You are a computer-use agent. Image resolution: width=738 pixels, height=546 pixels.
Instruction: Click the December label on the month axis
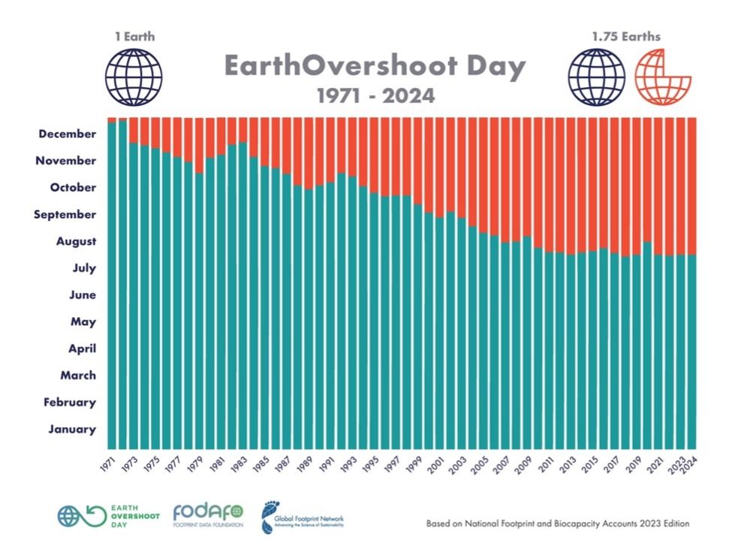[68, 134]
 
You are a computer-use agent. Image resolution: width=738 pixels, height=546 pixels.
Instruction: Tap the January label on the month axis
[72, 429]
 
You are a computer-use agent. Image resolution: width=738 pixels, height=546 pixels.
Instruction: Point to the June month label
[82, 295]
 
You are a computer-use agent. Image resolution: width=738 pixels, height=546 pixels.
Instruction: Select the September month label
[65, 214]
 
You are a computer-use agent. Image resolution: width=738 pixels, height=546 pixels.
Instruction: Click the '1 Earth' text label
[134, 35]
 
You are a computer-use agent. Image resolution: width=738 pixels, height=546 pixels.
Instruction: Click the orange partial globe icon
[663, 76]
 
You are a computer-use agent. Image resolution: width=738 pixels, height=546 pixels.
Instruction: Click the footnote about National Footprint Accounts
[557, 523]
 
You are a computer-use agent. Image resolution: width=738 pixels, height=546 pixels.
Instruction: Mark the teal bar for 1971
[112, 285]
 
